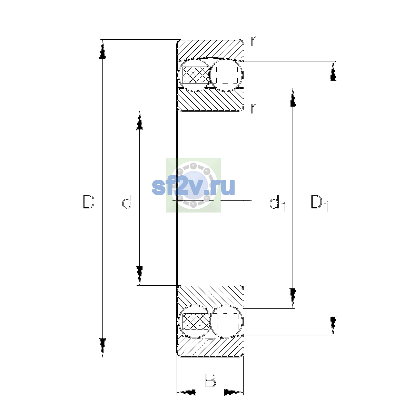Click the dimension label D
tap(89, 202)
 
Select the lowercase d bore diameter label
tap(127, 202)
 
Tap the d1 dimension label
tap(278, 204)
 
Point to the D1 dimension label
tap(320, 204)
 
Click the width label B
tap(210, 380)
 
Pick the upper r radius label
tap(254, 41)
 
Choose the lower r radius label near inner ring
tap(254, 108)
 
